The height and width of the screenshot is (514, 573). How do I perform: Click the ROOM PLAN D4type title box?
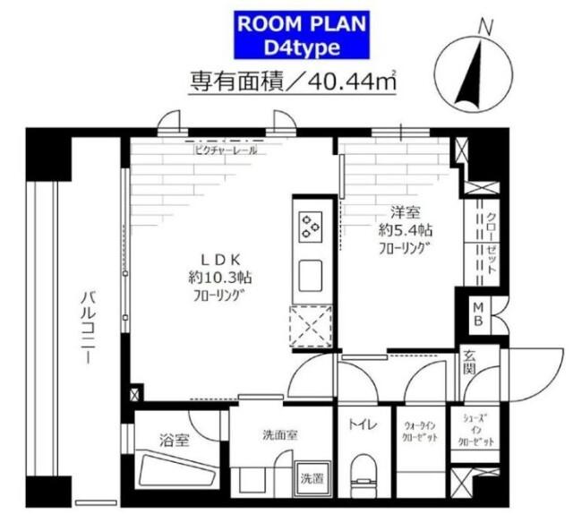click(x=286, y=33)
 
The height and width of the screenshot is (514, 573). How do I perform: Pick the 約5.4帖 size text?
click(x=398, y=229)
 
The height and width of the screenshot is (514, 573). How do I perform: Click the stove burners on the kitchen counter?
click(x=311, y=226)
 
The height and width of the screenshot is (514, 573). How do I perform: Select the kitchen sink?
click(x=311, y=271)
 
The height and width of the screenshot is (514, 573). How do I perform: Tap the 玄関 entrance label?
click(x=471, y=362)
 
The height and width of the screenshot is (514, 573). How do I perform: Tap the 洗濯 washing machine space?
click(x=312, y=476)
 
